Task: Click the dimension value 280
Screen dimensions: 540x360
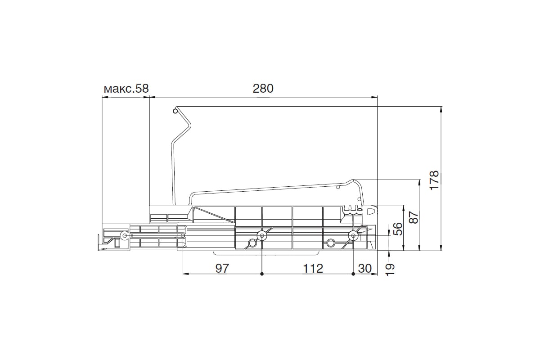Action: pyautogui.click(x=263, y=89)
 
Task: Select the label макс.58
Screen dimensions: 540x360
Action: pyautogui.click(x=126, y=89)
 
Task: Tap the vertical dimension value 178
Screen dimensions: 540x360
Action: pyautogui.click(x=435, y=180)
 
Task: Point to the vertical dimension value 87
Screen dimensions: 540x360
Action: pyautogui.click(x=414, y=217)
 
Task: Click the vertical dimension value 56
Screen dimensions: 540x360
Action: pyautogui.click(x=398, y=229)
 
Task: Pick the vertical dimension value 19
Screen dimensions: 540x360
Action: pyautogui.click(x=390, y=270)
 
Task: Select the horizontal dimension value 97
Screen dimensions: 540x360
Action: pyautogui.click(x=222, y=268)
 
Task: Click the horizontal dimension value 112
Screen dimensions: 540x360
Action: pyautogui.click(x=313, y=268)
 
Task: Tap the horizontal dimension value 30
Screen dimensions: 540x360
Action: pyautogui.click(x=365, y=268)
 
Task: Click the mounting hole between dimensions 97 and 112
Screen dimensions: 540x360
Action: pyautogui.click(x=262, y=235)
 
